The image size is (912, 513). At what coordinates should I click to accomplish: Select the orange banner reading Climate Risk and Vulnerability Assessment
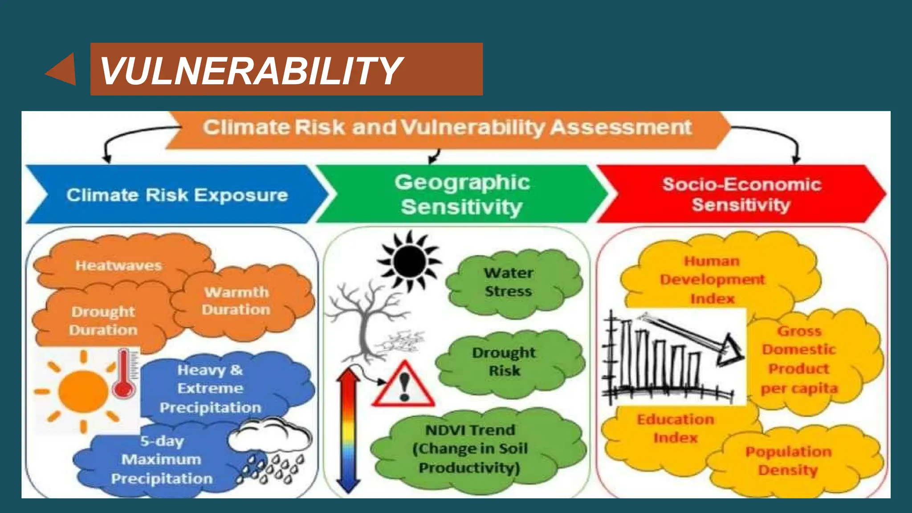(x=447, y=128)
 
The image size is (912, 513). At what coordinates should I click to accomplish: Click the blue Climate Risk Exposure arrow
(x=177, y=195)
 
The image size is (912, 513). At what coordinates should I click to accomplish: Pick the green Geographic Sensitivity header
(x=462, y=195)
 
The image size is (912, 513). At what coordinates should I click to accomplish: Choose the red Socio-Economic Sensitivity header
(x=741, y=195)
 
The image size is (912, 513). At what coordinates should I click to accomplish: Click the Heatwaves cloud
(x=118, y=265)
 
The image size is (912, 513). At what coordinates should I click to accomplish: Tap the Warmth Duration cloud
(x=237, y=301)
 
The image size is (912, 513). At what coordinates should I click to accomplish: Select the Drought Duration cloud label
(x=103, y=321)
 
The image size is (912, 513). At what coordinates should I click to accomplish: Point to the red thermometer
(x=124, y=374)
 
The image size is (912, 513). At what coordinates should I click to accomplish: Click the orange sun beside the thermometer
(x=83, y=391)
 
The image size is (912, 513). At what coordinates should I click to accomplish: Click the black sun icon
(x=409, y=260)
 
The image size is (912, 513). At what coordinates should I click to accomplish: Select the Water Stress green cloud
(x=509, y=282)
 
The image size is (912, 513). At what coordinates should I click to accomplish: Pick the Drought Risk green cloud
(x=505, y=362)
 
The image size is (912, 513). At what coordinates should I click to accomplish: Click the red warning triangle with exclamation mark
(x=403, y=385)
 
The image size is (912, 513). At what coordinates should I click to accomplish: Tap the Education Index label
(x=675, y=428)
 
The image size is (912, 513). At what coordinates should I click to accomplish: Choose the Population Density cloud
(x=788, y=461)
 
